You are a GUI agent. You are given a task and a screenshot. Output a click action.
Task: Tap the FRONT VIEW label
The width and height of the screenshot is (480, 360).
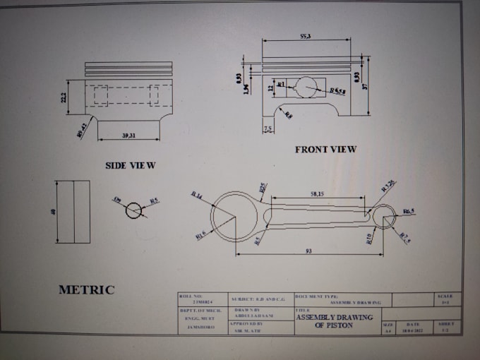point(325,149)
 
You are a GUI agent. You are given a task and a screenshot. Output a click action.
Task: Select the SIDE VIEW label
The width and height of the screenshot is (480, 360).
point(131,165)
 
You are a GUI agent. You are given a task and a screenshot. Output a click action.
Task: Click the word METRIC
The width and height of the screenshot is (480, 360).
point(86,289)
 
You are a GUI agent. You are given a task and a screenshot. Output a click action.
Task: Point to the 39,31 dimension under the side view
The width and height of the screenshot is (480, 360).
point(127,136)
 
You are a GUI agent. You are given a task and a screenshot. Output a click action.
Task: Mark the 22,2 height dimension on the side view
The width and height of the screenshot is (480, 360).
point(64,97)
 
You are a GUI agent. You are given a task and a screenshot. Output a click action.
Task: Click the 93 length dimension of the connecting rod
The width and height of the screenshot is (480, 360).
point(309,251)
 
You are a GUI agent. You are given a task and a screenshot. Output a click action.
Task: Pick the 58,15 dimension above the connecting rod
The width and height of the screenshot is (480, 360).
point(317,193)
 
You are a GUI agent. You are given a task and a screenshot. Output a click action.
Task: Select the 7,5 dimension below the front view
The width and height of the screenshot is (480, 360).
point(268,129)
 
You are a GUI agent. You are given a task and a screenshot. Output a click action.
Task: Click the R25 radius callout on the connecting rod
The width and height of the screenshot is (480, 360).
point(263,188)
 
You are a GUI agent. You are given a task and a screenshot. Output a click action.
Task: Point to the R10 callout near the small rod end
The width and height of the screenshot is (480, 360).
point(368,238)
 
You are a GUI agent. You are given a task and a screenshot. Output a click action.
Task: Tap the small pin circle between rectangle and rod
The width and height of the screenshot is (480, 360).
point(133,210)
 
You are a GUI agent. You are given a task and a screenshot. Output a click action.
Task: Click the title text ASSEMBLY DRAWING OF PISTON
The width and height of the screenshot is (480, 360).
point(334,321)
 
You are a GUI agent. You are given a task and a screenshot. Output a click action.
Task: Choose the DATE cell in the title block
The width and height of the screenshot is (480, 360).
point(413,326)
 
